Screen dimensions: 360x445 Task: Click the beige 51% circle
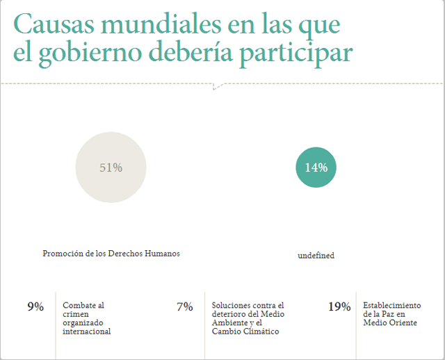point(111,167)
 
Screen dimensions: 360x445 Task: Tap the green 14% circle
point(316,167)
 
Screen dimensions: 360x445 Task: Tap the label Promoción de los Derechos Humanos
point(111,254)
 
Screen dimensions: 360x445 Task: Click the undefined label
point(316,256)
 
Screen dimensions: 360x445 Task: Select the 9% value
point(35,306)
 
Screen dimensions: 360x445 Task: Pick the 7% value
point(184,306)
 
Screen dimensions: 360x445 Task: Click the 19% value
point(339,306)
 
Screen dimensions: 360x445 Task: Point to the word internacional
point(86,332)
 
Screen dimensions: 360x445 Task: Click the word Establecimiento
point(392,306)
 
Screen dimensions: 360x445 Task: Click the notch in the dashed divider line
point(218,87)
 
